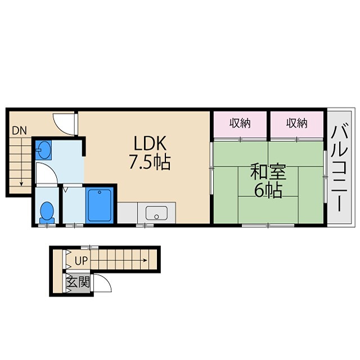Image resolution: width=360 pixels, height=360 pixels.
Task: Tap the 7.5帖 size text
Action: [150, 163]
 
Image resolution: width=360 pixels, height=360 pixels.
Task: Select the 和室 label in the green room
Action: [267, 170]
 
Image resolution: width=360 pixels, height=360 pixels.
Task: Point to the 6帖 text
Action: [268, 191]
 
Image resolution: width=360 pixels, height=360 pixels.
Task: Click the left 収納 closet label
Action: [240, 123]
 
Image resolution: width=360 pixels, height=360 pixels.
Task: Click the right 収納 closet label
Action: [296, 123]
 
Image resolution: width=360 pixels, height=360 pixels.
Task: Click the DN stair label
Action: [19, 130]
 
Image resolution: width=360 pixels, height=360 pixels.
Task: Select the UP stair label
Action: [81, 261]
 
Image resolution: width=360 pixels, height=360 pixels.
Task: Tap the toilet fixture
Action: [48, 211]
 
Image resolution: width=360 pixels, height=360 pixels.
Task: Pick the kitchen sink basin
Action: [156, 213]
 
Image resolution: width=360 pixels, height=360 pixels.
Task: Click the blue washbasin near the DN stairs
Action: [44, 150]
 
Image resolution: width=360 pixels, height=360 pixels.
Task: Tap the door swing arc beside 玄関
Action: [102, 282]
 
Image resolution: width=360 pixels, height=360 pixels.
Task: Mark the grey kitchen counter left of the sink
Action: [128, 214]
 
